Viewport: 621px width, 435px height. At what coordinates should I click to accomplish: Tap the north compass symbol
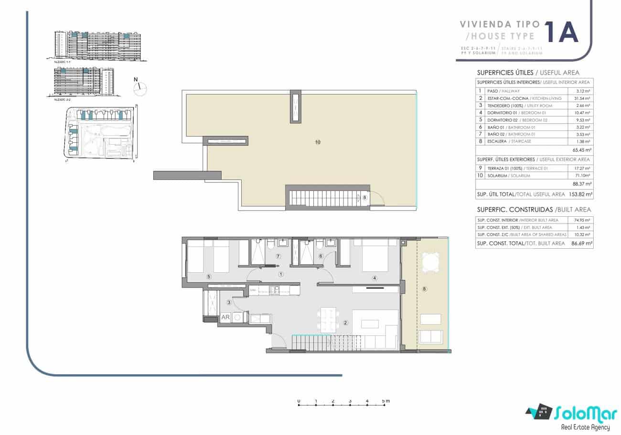[140, 86]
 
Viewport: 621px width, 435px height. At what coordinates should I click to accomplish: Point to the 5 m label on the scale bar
[385, 401]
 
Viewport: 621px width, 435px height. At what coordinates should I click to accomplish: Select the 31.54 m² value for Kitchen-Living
[580, 98]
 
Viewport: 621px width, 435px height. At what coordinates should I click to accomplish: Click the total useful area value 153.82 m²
[580, 194]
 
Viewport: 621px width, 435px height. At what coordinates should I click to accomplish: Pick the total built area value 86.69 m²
[580, 244]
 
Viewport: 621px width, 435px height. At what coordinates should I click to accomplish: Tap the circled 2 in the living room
[345, 323]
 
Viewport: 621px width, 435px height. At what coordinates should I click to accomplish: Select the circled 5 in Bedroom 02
[208, 276]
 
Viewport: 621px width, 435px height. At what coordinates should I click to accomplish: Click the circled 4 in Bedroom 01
[375, 278]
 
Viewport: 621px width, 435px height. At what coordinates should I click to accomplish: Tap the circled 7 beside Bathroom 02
[278, 256]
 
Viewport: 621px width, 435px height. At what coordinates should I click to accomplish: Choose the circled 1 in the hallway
[281, 274]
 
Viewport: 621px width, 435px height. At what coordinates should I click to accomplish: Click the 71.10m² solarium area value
[580, 176]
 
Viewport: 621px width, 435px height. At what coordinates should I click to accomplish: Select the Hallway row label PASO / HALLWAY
[503, 91]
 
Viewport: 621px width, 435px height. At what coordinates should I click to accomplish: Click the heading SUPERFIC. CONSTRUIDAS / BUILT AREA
[534, 210]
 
